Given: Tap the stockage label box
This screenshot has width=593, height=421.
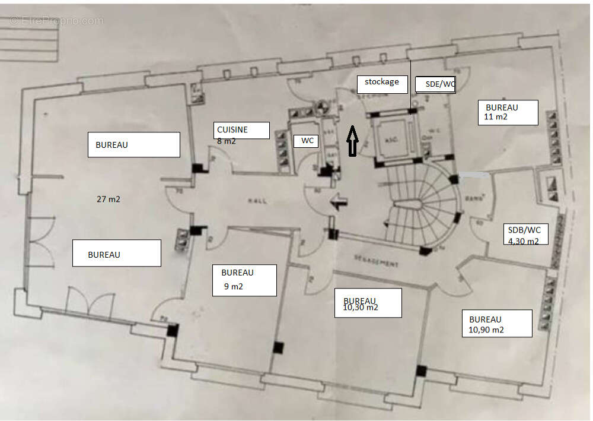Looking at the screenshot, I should (x=382, y=84).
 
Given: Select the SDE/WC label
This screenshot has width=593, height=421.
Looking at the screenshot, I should (x=435, y=84).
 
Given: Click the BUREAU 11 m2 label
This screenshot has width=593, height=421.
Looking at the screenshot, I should (x=508, y=112).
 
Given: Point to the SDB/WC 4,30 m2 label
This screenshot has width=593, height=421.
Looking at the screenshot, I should (x=526, y=235).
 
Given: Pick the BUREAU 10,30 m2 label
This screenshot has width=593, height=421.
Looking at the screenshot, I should (x=368, y=303).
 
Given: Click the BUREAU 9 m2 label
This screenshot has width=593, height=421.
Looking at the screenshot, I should (x=244, y=280).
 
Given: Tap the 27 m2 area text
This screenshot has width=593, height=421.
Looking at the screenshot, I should (x=109, y=200).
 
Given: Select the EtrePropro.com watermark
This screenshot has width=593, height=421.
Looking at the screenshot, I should (x=56, y=21).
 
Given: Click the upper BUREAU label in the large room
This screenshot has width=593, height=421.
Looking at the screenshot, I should (x=133, y=144).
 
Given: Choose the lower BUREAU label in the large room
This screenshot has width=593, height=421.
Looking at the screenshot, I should (x=116, y=253).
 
